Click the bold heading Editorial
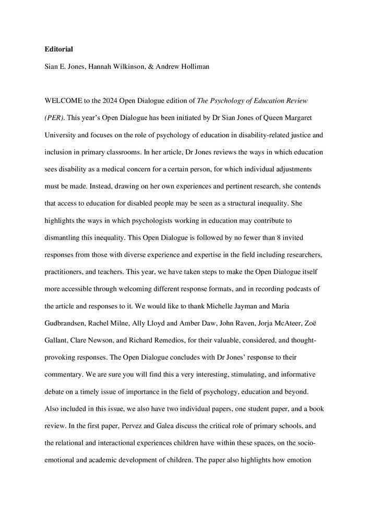click(58, 50)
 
